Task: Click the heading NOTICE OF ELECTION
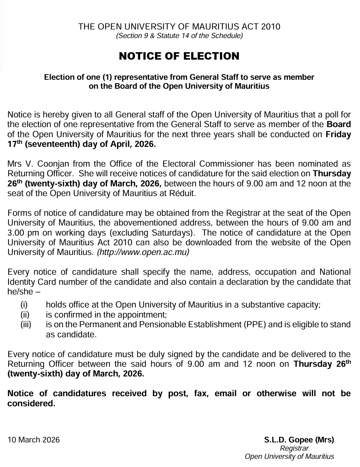[x=179, y=56]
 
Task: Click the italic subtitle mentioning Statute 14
[x=179, y=36]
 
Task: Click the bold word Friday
[x=338, y=135]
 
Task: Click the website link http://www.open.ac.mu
[x=143, y=252]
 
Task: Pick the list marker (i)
[x=24, y=305]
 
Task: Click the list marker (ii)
[x=25, y=315]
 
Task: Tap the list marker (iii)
[x=26, y=325]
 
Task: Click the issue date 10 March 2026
[x=34, y=440]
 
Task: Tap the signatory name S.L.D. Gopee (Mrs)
[x=299, y=440]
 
